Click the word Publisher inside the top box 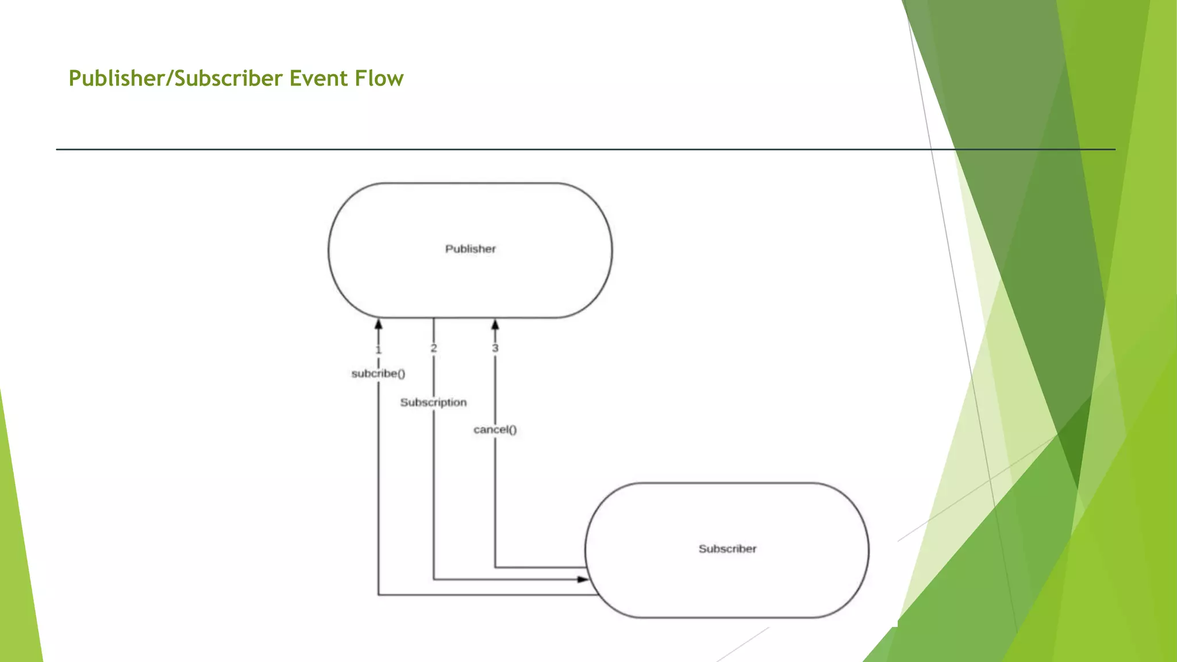point(470,249)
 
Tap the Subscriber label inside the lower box point(727,549)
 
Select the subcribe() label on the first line point(378,374)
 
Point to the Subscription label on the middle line point(433,402)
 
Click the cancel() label point(495,429)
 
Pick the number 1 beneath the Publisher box point(378,350)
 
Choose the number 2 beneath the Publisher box point(434,348)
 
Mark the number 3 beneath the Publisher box point(495,348)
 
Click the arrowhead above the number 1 point(378,325)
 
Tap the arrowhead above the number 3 point(495,325)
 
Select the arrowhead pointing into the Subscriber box point(582,579)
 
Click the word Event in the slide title point(318,78)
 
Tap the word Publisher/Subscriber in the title point(176,78)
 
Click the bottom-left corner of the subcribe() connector point(378,595)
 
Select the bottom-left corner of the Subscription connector point(434,579)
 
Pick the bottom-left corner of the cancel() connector point(495,567)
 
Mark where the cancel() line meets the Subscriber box point(586,567)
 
